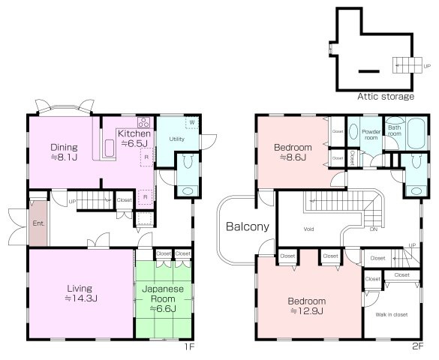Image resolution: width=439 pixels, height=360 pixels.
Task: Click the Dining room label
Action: coord(64,152)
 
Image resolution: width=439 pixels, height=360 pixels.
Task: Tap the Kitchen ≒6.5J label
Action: coord(134,138)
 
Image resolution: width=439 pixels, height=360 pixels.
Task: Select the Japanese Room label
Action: coord(163,298)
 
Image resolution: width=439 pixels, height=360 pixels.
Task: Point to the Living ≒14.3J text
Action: coord(80,293)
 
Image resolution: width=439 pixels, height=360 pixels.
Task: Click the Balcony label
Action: coord(248,226)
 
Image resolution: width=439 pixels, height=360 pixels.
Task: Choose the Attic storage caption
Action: coord(386,97)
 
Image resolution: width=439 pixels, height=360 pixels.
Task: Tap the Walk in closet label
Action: coord(392,315)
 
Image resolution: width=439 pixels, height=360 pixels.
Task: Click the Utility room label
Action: coord(177,139)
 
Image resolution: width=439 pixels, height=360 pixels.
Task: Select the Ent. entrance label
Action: coord(38,223)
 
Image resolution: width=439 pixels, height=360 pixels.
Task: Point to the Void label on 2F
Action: coord(308,229)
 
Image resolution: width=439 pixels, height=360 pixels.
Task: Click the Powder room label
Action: coord(371,134)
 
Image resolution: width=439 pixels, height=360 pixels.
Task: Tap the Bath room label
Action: coord(395,130)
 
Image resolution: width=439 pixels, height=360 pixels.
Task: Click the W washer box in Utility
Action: coord(192,122)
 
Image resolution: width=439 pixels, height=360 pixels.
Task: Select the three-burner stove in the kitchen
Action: coord(143,122)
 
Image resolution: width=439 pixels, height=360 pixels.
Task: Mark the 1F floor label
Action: coord(189,346)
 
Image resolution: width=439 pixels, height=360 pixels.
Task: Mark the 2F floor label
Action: coord(418,346)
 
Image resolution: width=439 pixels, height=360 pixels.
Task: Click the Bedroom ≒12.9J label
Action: coord(307,306)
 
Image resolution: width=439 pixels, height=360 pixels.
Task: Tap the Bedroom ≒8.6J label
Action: coord(293,152)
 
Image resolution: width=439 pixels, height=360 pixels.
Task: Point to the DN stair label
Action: coord(374,229)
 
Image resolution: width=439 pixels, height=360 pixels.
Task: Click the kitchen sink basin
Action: coord(109,148)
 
